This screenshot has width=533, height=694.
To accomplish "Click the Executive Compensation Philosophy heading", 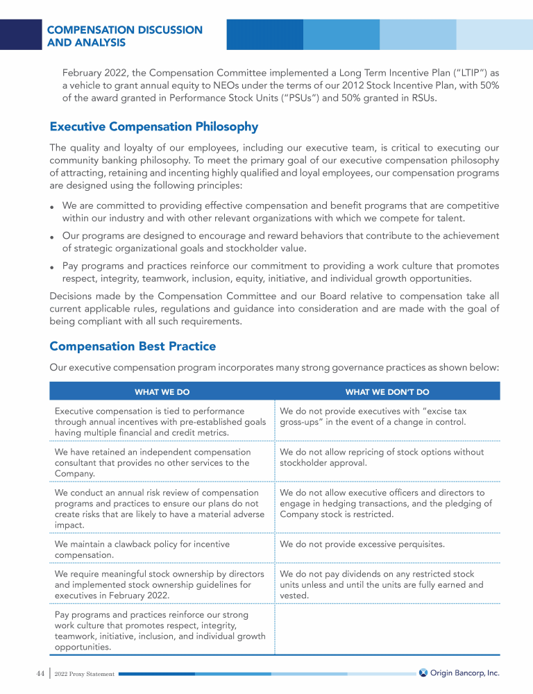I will click(154, 127).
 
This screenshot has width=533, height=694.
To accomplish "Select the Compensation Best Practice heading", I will click(133, 346).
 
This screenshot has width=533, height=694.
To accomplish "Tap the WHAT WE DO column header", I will click(162, 392).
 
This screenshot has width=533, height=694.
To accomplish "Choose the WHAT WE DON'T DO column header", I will click(387, 392).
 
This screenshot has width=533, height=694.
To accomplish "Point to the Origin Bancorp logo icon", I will click(423, 672).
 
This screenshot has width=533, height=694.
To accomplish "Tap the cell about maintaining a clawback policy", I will click(142, 550).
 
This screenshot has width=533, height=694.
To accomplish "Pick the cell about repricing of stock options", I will click(382, 457).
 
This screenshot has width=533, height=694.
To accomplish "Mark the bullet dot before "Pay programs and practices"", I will click(53, 267).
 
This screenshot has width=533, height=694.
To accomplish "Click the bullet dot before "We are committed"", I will click(53, 208).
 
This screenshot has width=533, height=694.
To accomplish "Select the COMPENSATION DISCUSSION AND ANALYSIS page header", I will click(125, 36).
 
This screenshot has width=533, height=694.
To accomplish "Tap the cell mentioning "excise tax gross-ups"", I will click(372, 416).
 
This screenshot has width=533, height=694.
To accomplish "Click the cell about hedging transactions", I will click(386, 503).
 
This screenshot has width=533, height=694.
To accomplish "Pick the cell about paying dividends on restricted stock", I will click(382, 584).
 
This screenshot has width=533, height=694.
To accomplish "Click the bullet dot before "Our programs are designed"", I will click(53, 237).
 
